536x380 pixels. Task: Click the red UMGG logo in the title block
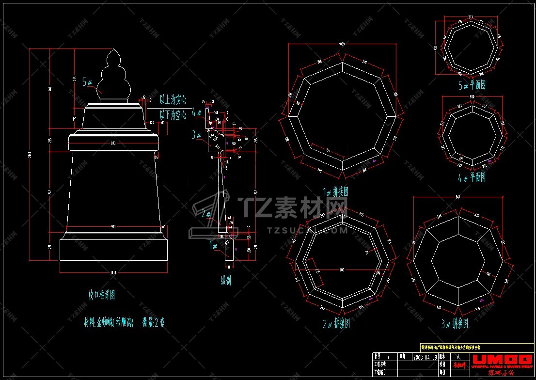(x=501, y=359)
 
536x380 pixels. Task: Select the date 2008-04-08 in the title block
(x=425, y=356)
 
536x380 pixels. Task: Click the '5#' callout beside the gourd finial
(x=88, y=82)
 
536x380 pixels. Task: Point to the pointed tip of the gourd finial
(x=115, y=49)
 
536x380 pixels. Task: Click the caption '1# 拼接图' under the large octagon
(x=336, y=192)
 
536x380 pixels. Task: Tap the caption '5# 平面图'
(x=472, y=85)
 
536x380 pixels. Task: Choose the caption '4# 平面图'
(x=472, y=178)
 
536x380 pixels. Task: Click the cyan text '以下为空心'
(x=173, y=115)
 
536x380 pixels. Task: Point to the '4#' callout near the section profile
(x=197, y=112)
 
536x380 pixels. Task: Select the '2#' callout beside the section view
(x=206, y=214)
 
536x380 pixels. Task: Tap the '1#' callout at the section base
(x=214, y=246)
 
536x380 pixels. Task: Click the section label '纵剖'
(x=226, y=280)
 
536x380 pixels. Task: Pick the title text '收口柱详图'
(x=102, y=294)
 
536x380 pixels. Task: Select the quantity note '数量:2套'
(x=153, y=323)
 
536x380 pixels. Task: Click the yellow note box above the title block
(x=476, y=347)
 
